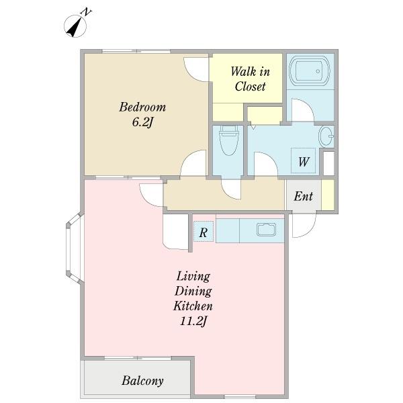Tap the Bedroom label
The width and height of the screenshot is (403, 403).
click(x=142, y=107)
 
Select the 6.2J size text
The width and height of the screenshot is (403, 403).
click(x=142, y=122)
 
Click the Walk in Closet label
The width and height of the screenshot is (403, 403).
click(x=250, y=79)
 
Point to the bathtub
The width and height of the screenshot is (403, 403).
click(x=310, y=71)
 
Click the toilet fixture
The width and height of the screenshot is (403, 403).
click(x=228, y=140)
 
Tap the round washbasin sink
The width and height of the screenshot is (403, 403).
click(x=326, y=136)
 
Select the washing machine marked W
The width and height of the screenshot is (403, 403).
click(x=304, y=161)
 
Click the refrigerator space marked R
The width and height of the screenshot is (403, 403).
click(x=204, y=231)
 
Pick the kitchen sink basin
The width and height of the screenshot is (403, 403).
click(x=266, y=230)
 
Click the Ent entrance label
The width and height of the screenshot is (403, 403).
click(x=304, y=196)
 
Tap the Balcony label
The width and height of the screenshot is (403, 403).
click(x=142, y=381)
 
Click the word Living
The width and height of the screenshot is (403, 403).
click(x=193, y=277)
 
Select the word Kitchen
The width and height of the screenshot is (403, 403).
click(x=193, y=306)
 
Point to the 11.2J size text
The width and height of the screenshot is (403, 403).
click(x=193, y=321)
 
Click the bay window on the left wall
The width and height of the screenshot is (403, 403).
click(x=75, y=249)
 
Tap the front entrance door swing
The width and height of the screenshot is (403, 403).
click(x=304, y=225)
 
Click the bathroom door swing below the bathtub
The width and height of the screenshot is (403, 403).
click(x=302, y=110)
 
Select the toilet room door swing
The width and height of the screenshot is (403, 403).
click(x=232, y=189)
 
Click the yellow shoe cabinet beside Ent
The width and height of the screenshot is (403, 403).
click(x=328, y=195)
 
